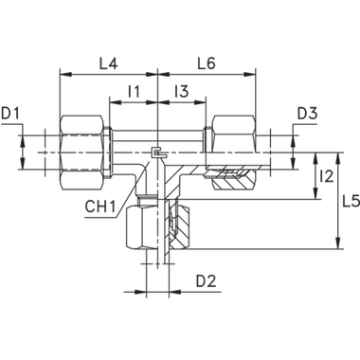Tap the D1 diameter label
tap(11, 115)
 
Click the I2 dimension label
tap(328, 176)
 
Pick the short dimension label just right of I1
tap(184, 92)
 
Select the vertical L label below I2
tap(347, 201)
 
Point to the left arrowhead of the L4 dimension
tap(63, 73)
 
